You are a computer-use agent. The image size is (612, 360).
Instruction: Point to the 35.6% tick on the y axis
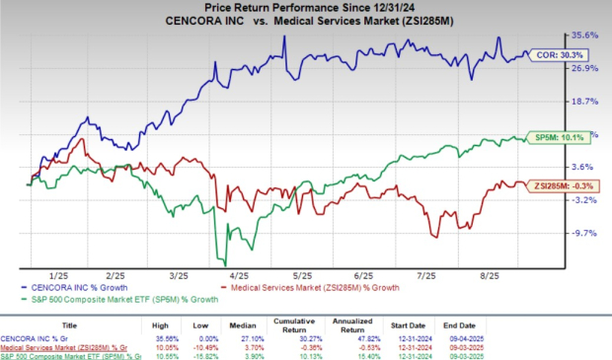(x=586, y=34)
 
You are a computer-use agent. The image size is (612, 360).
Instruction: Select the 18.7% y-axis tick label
(x=586, y=101)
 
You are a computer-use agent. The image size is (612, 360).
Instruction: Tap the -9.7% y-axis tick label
(x=586, y=234)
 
